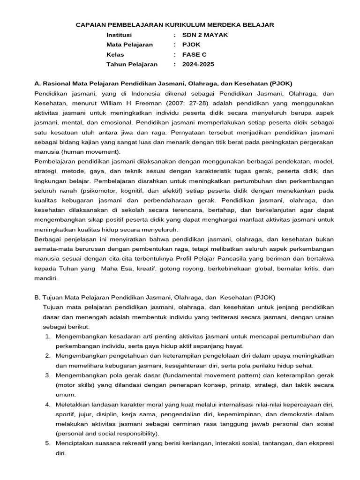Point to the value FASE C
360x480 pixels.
[x=195, y=54]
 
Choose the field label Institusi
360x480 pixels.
[x=119, y=35]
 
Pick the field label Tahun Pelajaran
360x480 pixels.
[x=132, y=64]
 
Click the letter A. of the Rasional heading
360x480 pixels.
[x=37, y=83]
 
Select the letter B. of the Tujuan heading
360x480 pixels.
[x=37, y=297]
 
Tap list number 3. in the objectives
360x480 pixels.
[x=48, y=375]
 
